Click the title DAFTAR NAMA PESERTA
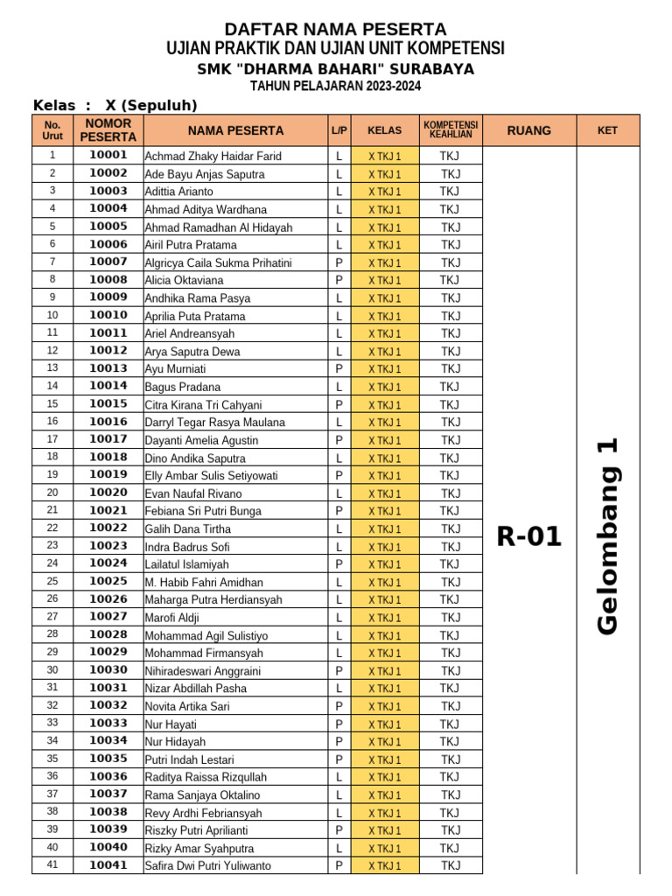pyautogui.click(x=335, y=30)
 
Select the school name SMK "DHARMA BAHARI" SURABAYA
pyautogui.click(x=335, y=69)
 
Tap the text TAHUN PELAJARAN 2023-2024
pyautogui.click(x=335, y=86)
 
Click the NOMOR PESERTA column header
pyautogui.click(x=108, y=130)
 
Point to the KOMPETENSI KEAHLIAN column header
pyautogui.click(x=451, y=130)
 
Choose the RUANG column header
pyautogui.click(x=528, y=130)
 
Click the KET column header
pyautogui.click(x=607, y=130)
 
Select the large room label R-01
pyautogui.click(x=528, y=535)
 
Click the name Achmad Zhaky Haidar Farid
pyautogui.click(x=213, y=156)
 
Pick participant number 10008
pyautogui.click(x=108, y=280)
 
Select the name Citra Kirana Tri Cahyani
pyautogui.click(x=203, y=404)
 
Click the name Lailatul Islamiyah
pyautogui.click(x=186, y=564)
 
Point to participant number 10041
pyautogui.click(x=108, y=865)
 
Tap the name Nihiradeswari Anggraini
pyautogui.click(x=202, y=671)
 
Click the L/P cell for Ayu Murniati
pyautogui.click(x=339, y=369)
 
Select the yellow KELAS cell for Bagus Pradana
pyautogui.click(x=384, y=387)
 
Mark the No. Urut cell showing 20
pyautogui.click(x=52, y=493)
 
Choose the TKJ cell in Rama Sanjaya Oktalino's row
pyautogui.click(x=450, y=794)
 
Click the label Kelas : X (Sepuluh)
pyautogui.click(x=115, y=106)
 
